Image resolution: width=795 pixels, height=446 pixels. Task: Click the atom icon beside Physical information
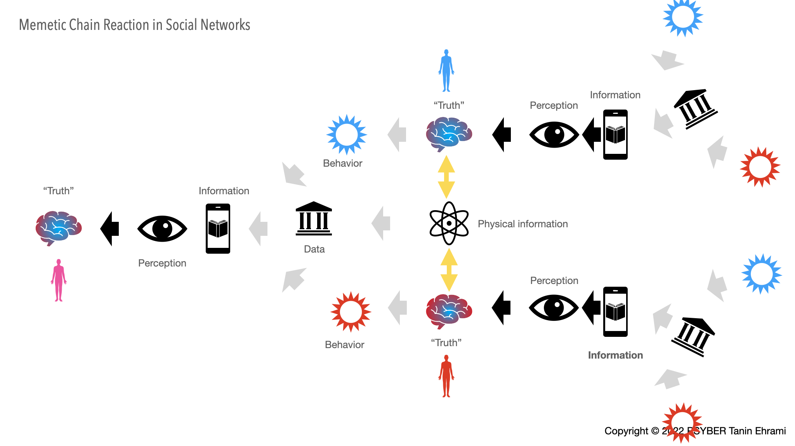pos(449,223)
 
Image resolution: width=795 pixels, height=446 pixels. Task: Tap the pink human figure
pos(59,280)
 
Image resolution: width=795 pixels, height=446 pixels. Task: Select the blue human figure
pos(446,71)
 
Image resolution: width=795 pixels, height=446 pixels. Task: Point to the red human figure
pos(446,376)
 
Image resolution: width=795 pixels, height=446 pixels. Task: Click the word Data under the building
pos(314,249)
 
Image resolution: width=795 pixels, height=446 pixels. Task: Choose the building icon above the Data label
pos(314,218)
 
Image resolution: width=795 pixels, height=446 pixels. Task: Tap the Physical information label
pos(522,224)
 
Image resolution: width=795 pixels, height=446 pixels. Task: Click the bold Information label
pos(615,355)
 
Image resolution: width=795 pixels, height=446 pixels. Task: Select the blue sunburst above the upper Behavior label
pos(346,134)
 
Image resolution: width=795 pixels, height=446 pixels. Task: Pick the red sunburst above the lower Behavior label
pos(351,312)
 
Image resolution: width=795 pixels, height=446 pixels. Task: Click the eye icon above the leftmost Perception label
pos(162,228)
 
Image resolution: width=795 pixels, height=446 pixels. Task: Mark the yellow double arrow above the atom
pos(446,177)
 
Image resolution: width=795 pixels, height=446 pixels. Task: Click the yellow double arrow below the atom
pos(449,270)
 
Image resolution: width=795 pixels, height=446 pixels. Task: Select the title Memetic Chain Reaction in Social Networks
pos(134,25)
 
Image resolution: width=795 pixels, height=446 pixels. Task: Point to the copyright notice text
pos(695,431)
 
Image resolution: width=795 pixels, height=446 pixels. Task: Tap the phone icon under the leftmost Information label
pos(218,228)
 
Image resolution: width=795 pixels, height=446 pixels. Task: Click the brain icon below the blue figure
pos(449,134)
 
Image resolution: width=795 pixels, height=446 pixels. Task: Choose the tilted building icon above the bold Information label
pos(693,336)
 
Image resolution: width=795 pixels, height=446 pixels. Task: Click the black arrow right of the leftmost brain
pos(110,228)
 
